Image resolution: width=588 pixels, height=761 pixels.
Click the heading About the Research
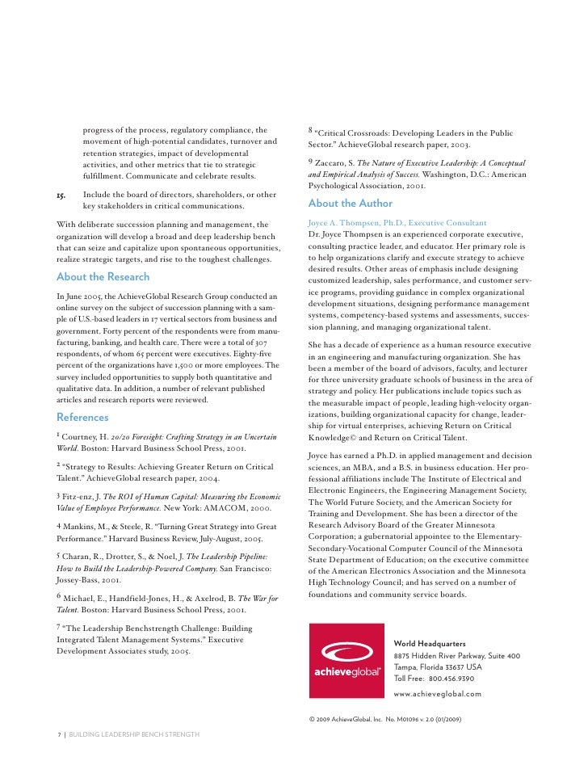click(x=103, y=276)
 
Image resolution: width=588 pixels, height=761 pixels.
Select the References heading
click(x=82, y=417)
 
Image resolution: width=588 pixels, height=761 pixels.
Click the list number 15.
click(x=61, y=195)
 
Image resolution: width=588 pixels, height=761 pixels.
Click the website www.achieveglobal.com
click(x=437, y=694)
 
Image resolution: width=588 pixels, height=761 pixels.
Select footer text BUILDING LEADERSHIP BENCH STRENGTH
click(x=134, y=734)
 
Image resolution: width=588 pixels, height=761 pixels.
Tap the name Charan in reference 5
click(x=83, y=557)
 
